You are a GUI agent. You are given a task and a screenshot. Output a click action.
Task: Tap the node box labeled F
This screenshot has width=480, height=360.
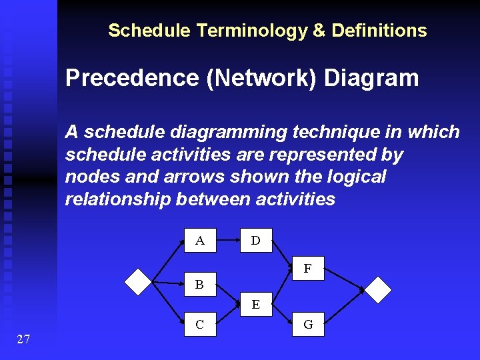pos(308,269)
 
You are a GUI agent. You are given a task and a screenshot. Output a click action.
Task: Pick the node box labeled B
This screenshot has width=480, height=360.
pos(199,285)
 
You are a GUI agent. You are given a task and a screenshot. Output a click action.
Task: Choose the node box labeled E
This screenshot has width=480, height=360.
pos(255,305)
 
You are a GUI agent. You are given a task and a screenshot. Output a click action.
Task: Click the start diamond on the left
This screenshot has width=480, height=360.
pos(139,281)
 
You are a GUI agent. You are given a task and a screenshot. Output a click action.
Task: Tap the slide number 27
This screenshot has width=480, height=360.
pos(23,340)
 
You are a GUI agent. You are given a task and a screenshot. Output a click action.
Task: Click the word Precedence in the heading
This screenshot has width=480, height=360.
pos(131,79)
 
